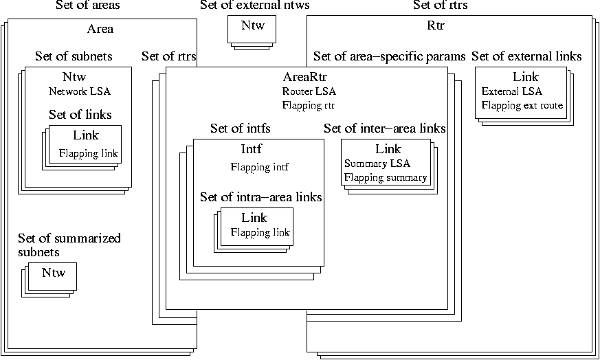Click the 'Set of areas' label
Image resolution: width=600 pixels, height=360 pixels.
pyautogui.click(x=87, y=6)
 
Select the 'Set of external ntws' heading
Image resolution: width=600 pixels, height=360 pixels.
pyautogui.click(x=254, y=6)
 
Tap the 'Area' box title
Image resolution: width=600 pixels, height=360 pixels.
pyautogui.click(x=100, y=29)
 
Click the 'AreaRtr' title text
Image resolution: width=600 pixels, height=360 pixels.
pyautogui.click(x=304, y=77)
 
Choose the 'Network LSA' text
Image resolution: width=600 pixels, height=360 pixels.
pyautogui.click(x=80, y=91)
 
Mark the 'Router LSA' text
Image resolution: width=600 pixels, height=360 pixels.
pyautogui.click(x=309, y=91)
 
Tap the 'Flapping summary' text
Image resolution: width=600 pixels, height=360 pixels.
pyautogui.click(x=386, y=177)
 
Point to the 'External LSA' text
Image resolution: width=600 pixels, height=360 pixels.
pyautogui.click(x=512, y=91)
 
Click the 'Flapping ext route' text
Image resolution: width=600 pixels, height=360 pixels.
pyautogui.click(x=522, y=105)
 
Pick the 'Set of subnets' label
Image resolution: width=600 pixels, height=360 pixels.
pyautogui.click(x=74, y=56)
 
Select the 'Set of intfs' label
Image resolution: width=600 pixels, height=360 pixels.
pyautogui.click(x=241, y=128)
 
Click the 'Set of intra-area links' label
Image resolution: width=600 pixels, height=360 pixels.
pyautogui.click(x=261, y=197)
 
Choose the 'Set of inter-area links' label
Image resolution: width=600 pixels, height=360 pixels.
pyautogui.click(x=385, y=128)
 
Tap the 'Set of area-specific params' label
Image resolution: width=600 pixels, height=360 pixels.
pyautogui.click(x=390, y=56)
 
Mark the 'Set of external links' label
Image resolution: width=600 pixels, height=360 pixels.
pyautogui.click(x=526, y=56)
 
